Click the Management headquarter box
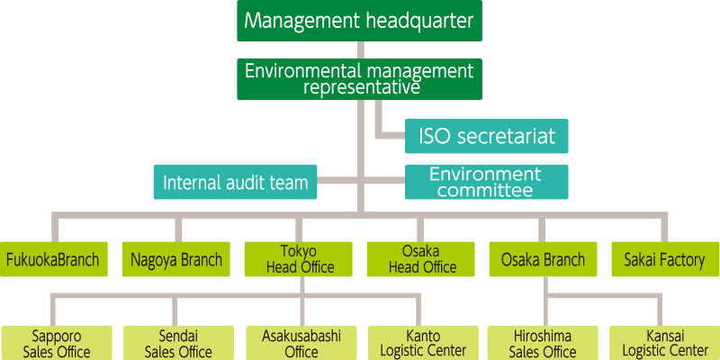(x=359, y=21)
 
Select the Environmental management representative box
(x=359, y=79)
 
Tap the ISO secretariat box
(x=486, y=137)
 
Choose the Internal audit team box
(x=235, y=183)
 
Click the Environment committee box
(x=486, y=182)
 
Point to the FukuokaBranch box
(x=54, y=260)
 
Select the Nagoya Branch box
(x=176, y=260)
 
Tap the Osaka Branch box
(x=543, y=260)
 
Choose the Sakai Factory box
(x=664, y=260)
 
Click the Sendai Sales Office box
(x=177, y=343)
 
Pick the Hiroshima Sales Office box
(x=543, y=343)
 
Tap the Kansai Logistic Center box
(x=664, y=343)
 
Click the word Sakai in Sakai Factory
(x=641, y=260)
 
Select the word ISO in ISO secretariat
(x=436, y=137)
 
